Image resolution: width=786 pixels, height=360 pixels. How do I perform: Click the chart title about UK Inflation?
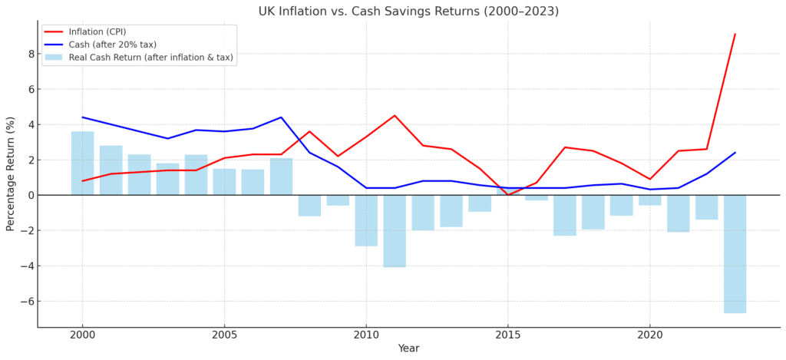[408, 12]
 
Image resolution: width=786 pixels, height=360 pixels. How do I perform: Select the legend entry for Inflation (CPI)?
[97, 31]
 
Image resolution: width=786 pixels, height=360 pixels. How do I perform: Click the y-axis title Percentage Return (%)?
[11, 173]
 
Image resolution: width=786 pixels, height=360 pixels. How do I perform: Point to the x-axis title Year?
[408, 348]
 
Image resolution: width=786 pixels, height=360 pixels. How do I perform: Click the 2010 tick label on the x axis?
[365, 335]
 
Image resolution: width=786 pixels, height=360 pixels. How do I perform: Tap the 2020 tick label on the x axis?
[649, 335]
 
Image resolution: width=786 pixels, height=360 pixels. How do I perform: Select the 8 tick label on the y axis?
[29, 54]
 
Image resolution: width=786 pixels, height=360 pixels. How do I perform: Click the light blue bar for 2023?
[735, 253]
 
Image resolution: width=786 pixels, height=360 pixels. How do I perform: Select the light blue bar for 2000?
[82, 163]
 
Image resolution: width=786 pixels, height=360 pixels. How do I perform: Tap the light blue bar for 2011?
[395, 231]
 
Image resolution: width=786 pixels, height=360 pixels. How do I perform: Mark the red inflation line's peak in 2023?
[735, 34]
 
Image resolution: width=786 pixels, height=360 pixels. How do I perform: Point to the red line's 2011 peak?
[395, 116]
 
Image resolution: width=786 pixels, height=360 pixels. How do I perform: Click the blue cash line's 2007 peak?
[281, 117]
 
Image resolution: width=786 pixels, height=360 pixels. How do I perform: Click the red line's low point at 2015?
[508, 195]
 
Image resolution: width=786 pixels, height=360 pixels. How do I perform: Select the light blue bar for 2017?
[565, 215]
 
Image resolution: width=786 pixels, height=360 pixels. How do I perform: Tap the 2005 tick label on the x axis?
[224, 335]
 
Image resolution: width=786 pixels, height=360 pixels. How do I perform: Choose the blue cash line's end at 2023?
[735, 153]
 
